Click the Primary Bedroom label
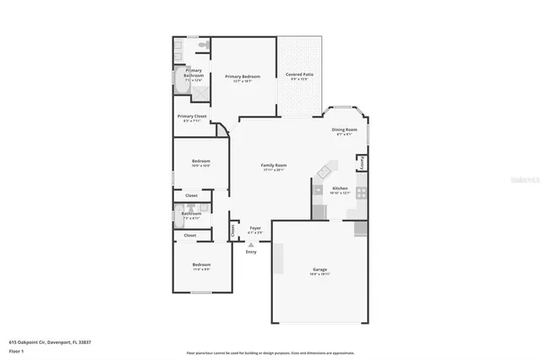coord(242,77)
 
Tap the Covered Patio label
coord(299,74)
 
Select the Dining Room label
coord(345,130)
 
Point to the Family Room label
coord(273,166)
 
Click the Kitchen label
coord(340,188)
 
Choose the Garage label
coord(319,270)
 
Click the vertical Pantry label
coord(362,161)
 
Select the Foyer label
coord(254,228)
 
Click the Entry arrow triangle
coord(250,244)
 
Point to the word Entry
coord(251,252)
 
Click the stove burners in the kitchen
coord(361,193)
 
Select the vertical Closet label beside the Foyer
coord(233,229)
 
